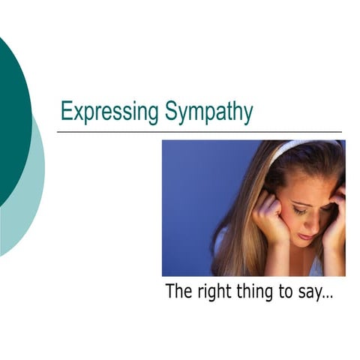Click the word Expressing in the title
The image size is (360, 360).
click(109, 112)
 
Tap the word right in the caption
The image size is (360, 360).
click(216, 292)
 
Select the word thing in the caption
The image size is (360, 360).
click(257, 292)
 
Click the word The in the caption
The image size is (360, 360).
click(179, 291)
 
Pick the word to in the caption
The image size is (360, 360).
click(286, 292)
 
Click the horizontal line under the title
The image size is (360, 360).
click(199, 132)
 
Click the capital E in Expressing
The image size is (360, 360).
click(65, 112)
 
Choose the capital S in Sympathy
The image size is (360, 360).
click(168, 112)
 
